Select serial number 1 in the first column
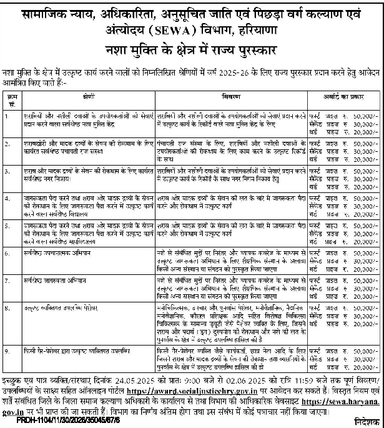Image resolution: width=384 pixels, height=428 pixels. [x=7, y=116]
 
